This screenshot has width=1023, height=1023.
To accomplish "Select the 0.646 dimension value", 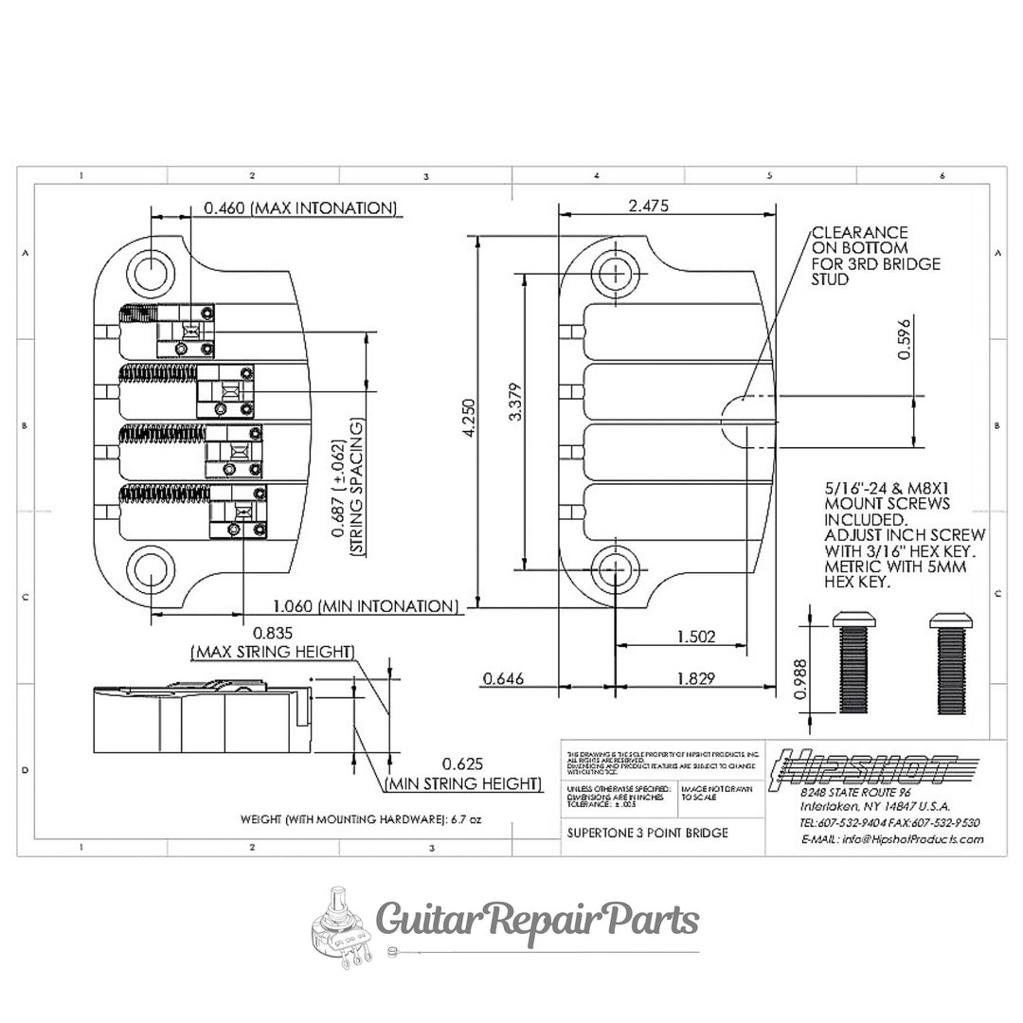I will point(504,678).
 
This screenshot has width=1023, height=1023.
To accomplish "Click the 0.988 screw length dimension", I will point(800,679).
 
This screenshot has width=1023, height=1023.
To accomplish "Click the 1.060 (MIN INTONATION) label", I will point(366,606).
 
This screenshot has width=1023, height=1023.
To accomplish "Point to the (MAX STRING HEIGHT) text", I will point(273,653).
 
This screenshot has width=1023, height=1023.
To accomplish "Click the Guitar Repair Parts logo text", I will point(538,919).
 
